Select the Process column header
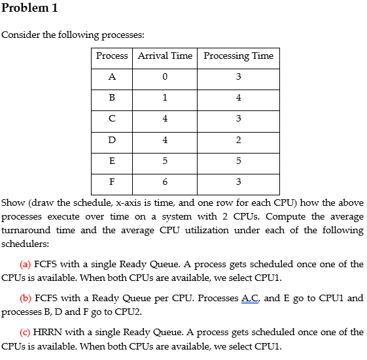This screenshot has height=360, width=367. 112,56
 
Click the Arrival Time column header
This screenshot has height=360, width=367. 165,56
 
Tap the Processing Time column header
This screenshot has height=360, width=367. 238,56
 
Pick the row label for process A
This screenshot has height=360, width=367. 112,77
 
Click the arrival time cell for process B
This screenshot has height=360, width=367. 165,98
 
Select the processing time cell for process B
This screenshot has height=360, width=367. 238,98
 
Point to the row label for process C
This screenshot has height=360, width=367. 112,119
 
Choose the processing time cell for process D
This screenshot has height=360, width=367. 238,140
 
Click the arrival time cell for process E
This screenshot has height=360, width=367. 165,161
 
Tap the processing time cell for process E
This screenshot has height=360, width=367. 238,161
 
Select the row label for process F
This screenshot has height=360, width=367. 112,182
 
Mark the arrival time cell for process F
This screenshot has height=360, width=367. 165,182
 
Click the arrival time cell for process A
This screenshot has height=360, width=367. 165,77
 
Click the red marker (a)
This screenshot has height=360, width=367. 26,265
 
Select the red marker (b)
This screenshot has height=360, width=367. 26,299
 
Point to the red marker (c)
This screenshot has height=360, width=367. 26,333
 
